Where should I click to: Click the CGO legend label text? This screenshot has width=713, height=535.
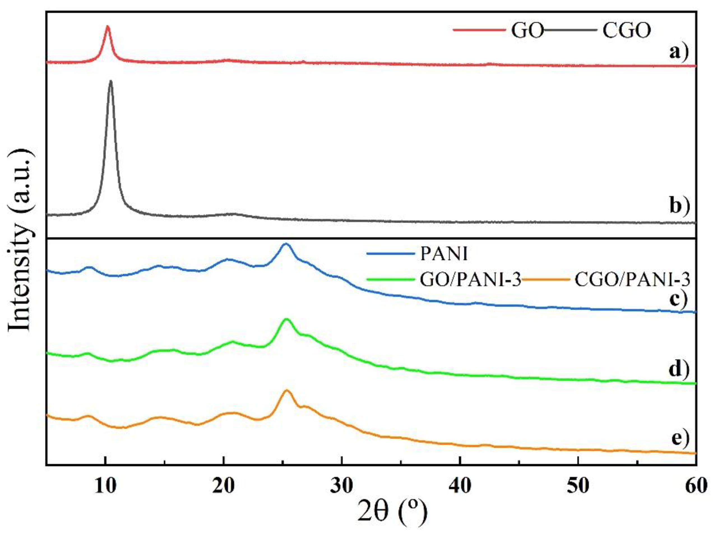627,30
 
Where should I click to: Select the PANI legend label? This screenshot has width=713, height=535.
444,254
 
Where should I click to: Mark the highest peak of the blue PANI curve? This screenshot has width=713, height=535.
286,244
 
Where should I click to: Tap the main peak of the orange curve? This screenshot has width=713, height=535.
286,391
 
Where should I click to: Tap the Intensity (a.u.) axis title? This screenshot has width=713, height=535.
20,240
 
